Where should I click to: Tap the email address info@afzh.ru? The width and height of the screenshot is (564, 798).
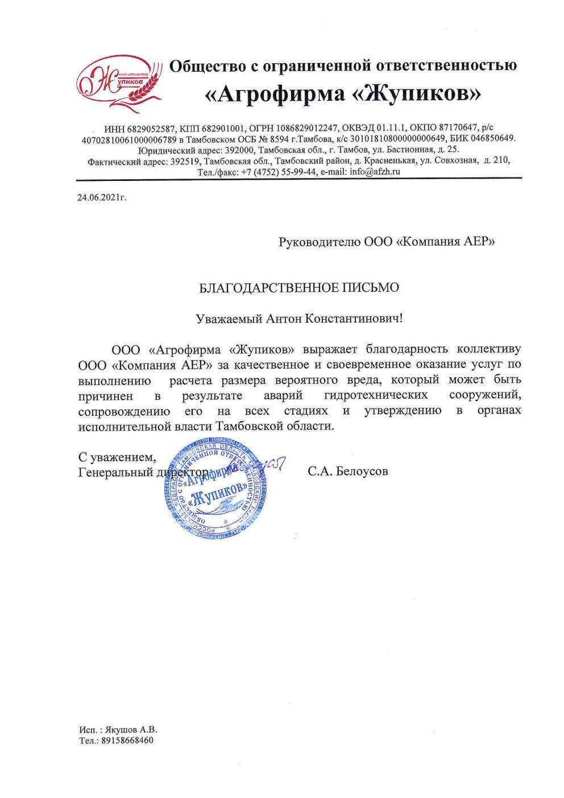[375, 172]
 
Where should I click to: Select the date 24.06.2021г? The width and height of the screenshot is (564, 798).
[102, 198]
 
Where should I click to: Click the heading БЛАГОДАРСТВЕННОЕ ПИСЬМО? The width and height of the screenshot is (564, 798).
[298, 288]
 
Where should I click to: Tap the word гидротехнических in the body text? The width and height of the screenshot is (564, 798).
[376, 395]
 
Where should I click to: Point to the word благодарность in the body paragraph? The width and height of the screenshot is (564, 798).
[407, 349]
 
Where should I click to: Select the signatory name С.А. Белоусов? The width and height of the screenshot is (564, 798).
[348, 471]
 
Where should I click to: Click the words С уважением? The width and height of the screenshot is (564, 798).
[117, 457]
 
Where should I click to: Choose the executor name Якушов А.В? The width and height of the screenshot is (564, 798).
[131, 730]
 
